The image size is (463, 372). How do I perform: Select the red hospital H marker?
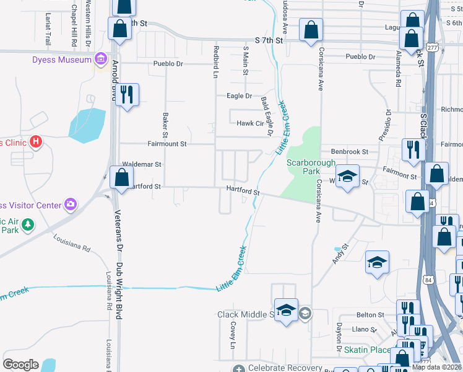pos(36,142)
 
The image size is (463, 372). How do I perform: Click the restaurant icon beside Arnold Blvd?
pos(127,95)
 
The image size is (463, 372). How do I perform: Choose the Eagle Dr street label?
pos(240,96)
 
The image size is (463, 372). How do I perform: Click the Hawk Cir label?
pos(251,123)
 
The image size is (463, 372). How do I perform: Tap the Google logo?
pos(21,365)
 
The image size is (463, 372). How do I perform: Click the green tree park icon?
pos(27,224)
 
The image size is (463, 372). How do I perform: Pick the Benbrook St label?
pos(350,151)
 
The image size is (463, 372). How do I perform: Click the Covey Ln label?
pos(233,335)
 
